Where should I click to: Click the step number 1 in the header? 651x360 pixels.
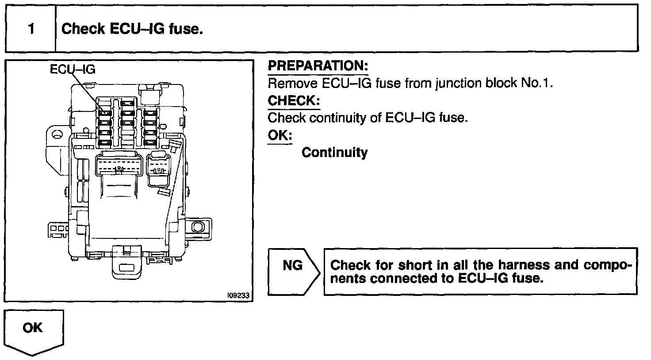[x=31, y=30]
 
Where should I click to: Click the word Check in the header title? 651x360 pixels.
[x=83, y=29]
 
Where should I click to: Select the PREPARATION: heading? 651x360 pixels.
[x=318, y=66]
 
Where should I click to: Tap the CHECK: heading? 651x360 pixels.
[x=294, y=101]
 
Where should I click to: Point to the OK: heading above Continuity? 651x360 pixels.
[x=280, y=135]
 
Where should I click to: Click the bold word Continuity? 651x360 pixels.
[x=334, y=153]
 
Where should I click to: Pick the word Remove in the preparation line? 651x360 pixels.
[x=293, y=83]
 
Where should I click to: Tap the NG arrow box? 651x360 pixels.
[x=293, y=271]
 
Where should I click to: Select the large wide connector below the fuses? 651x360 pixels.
[x=119, y=166]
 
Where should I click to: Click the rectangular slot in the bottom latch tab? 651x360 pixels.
[x=128, y=268]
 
